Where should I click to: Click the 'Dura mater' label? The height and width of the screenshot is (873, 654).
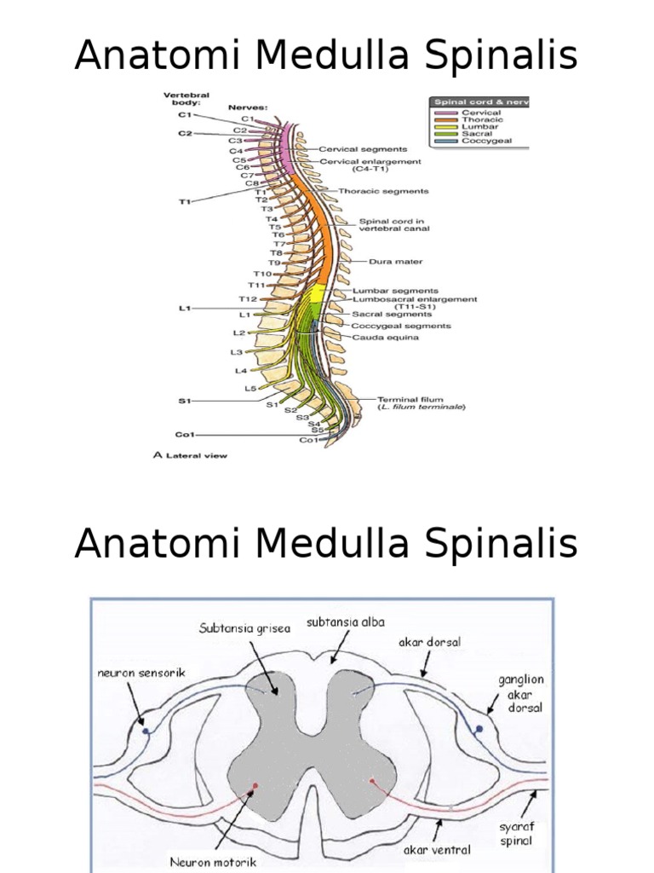pos(395,262)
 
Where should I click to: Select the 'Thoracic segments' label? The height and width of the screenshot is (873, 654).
pos(383,191)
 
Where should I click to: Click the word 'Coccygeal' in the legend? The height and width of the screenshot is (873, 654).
pos(487,142)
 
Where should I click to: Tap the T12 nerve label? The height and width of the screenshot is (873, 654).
pos(247,299)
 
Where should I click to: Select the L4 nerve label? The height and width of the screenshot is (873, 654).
pos(240,371)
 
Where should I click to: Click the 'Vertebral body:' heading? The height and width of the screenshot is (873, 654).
pos(186,98)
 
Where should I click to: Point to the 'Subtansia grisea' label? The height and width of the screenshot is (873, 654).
pos(244,628)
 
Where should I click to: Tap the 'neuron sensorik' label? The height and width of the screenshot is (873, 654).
pos(141,673)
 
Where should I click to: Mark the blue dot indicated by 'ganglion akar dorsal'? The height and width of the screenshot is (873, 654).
pos(479,729)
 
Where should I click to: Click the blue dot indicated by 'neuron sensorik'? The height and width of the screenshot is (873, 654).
pos(146,731)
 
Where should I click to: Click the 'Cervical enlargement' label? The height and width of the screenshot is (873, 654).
pos(370,161)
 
